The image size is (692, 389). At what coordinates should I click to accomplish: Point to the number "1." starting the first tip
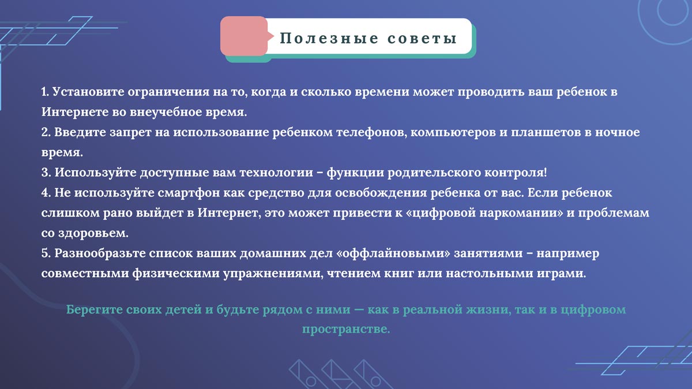click(x=46, y=92)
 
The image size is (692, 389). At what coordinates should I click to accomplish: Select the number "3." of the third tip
click(x=47, y=172)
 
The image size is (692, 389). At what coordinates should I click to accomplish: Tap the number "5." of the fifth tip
click(x=47, y=253)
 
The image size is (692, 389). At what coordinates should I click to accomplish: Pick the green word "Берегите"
click(x=95, y=309)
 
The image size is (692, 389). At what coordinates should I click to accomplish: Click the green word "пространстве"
click(x=345, y=329)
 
